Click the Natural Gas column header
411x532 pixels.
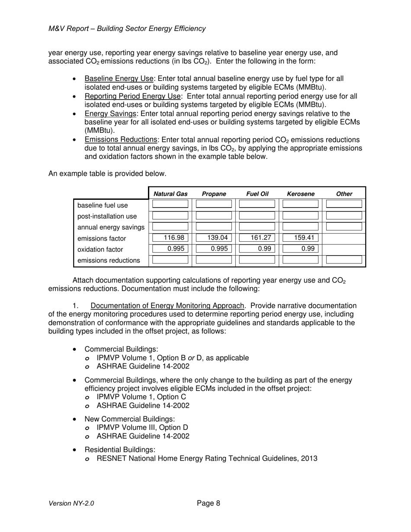click(170, 194)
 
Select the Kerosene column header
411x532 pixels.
click(301, 194)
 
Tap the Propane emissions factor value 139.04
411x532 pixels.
click(214, 237)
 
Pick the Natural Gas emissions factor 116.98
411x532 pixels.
click(170, 237)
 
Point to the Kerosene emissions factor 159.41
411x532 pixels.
click(300, 237)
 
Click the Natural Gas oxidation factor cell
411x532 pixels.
click(170, 249)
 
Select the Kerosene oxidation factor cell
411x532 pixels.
click(300, 249)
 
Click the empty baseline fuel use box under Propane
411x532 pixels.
click(214, 204)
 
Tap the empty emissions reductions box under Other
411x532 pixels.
click(344, 260)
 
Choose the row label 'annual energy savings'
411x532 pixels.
click(111, 228)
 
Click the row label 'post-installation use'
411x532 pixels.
click(107, 216)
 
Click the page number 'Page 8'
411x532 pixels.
click(209, 503)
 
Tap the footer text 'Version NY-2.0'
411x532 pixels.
click(71, 503)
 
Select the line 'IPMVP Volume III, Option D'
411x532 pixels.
click(142, 427)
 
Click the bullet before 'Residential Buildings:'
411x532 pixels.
click(76, 450)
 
